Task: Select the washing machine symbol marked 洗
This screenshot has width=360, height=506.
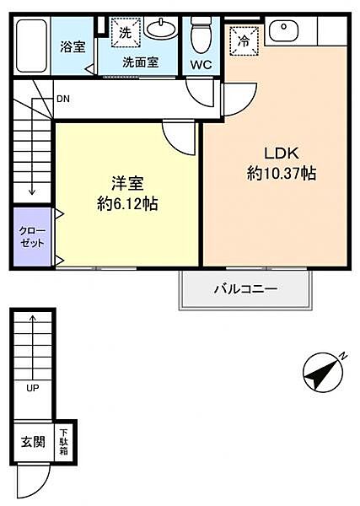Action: pos(124,34)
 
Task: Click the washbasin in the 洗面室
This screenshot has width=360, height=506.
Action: pos(160,31)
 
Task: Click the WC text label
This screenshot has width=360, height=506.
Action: pos(201,64)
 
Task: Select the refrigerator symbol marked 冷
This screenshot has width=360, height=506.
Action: pos(243,39)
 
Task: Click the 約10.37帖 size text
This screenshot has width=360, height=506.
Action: pos(281,173)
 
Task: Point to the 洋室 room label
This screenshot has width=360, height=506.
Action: pos(127,183)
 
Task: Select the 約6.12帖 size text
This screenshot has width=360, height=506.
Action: pos(127,203)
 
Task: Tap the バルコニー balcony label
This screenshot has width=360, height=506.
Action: pos(245,289)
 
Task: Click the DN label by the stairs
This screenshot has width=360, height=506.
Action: pos(63,99)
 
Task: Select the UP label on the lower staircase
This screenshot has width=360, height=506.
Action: pos(32,389)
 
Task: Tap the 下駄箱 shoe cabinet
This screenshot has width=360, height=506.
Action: pos(64,441)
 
